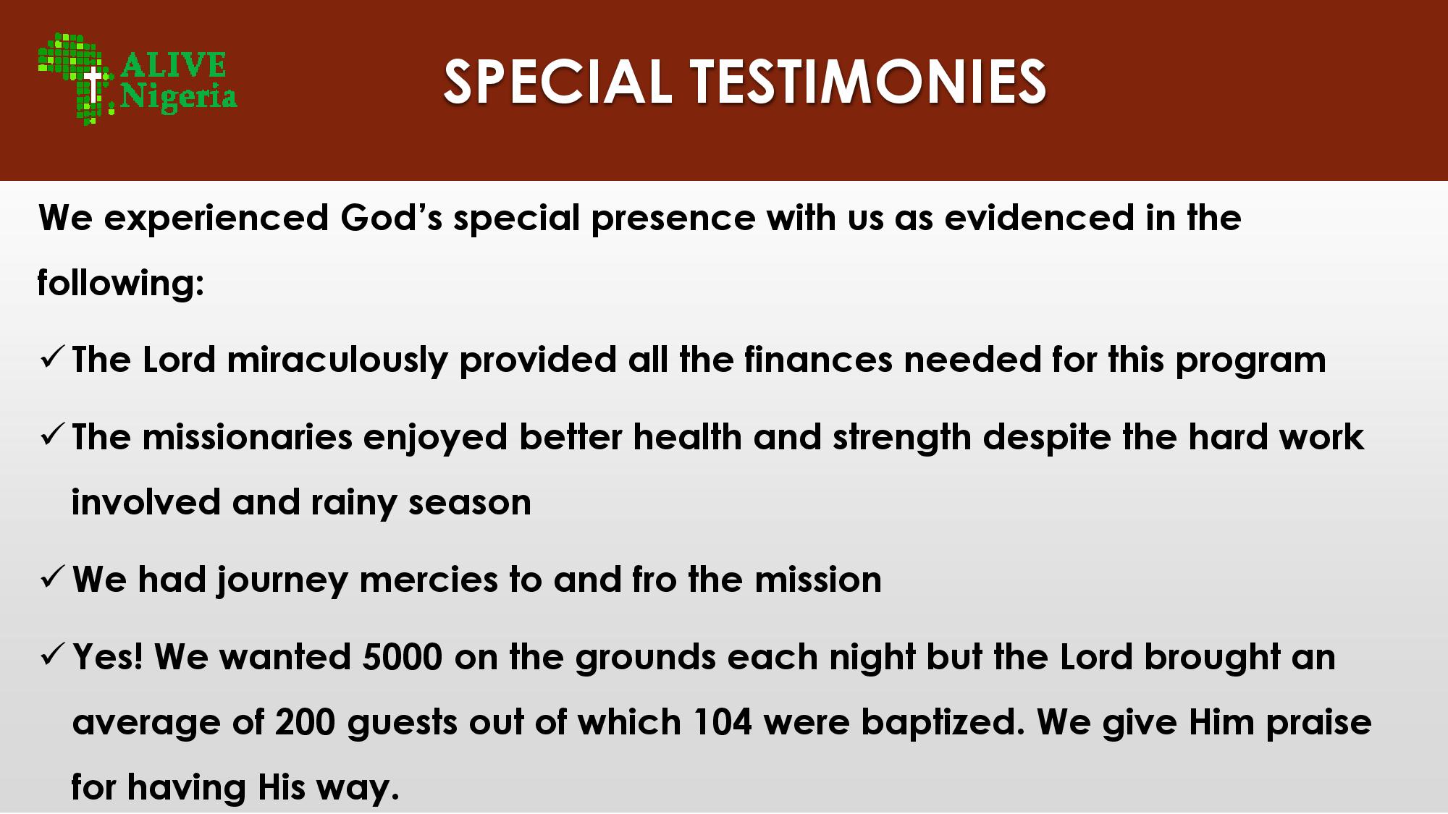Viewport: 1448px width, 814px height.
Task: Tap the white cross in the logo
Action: point(93,85)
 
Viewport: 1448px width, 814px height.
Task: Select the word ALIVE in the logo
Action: point(173,65)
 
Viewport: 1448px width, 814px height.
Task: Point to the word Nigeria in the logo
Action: point(179,96)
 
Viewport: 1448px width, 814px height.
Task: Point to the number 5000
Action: point(403,657)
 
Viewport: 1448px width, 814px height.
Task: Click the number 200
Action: point(305,722)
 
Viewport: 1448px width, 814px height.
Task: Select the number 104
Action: point(723,722)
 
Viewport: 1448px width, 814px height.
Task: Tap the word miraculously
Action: point(337,360)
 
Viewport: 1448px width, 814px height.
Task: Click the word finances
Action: point(818,359)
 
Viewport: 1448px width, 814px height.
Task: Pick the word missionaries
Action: point(247,437)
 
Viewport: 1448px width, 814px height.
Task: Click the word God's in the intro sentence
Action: point(391,218)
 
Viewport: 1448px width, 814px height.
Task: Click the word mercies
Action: point(429,580)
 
